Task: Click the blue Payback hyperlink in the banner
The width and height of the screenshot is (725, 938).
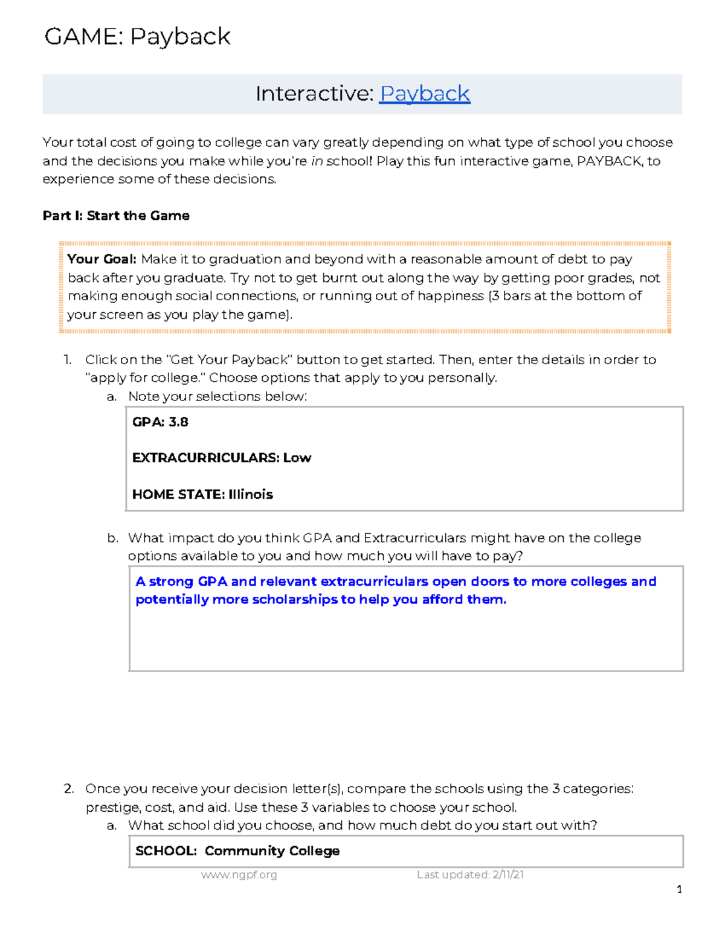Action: point(425,94)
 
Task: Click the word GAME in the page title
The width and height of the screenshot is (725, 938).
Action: point(83,37)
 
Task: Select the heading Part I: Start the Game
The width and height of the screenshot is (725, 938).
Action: point(116,216)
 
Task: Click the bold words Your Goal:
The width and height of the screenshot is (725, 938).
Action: point(102,259)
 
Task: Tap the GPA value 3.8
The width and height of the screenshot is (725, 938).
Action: point(178,422)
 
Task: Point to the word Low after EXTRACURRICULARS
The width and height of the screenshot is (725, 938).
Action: point(297,458)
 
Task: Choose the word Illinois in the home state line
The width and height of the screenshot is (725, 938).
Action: point(251,494)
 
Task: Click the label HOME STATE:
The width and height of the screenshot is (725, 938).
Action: point(178,494)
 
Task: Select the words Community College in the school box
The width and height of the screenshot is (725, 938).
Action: point(272,851)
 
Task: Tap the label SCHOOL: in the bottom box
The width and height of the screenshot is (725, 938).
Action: point(166,851)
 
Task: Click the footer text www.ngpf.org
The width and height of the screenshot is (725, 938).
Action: point(239,875)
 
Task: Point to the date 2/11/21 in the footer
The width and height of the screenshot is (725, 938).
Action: point(508,875)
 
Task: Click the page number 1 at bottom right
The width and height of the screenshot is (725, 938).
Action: point(680,889)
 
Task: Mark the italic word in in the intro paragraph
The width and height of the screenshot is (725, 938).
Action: point(317,161)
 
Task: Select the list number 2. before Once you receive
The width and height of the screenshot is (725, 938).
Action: point(69,789)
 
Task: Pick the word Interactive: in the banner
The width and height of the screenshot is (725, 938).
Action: point(315,94)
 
